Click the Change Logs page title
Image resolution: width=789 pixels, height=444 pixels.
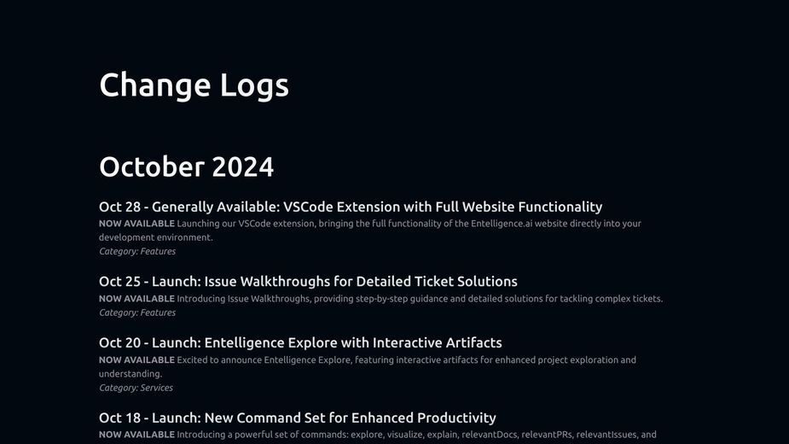point(194,85)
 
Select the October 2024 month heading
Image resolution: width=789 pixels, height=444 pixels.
point(186,166)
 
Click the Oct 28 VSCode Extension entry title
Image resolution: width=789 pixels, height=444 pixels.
point(351,207)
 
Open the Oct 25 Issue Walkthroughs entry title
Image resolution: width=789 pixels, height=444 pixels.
point(308,281)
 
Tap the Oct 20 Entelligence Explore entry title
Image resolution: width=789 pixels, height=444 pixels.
point(300,342)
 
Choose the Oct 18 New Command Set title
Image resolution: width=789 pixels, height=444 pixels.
point(298,418)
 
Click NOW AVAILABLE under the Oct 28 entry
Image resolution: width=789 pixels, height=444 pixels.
point(136,223)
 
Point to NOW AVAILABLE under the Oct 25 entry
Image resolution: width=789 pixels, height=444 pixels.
point(136,298)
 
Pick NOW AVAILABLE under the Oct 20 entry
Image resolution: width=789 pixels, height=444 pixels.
point(136,359)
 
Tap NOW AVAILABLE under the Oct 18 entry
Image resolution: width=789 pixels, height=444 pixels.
point(136,435)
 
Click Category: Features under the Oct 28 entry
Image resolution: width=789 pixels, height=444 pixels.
point(137,251)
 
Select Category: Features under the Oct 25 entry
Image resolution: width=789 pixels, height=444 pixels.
point(137,313)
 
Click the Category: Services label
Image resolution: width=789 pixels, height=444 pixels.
point(136,388)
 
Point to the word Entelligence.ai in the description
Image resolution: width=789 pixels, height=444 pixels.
point(502,223)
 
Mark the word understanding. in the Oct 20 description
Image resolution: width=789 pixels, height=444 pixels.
point(131,374)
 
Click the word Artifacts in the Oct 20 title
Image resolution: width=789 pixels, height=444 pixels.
point(473,342)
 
